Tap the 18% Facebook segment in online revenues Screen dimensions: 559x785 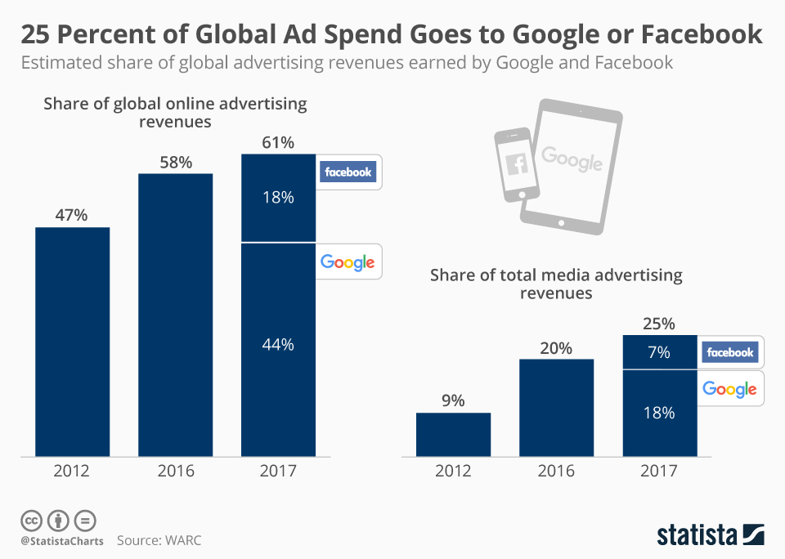278,198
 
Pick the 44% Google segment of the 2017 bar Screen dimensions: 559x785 278,349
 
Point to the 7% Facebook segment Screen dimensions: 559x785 660,352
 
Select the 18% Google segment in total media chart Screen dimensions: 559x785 660,413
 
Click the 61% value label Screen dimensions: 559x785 278,143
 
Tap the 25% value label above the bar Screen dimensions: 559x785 660,324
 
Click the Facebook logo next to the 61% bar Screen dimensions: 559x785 348,172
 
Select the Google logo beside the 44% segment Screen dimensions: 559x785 348,262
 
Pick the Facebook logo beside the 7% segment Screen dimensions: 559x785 730,352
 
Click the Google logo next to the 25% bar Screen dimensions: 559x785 729,389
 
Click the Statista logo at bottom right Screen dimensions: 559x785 711,535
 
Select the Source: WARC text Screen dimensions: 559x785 159,540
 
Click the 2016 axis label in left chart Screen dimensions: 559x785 175,472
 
